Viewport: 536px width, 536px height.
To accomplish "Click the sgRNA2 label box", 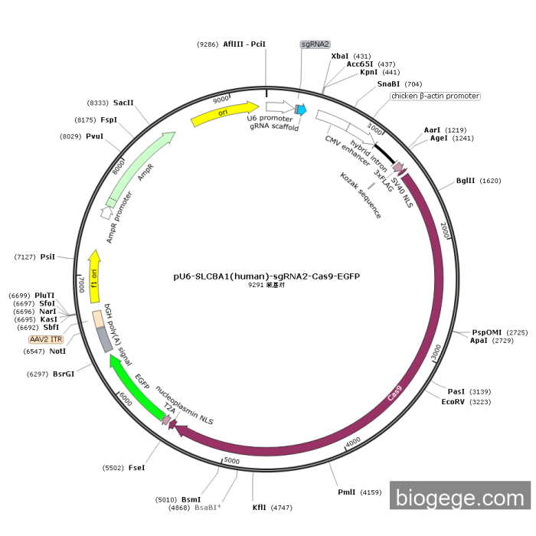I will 315,44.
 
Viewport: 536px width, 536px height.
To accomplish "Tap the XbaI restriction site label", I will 340,56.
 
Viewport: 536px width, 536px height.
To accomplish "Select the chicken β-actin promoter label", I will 435,96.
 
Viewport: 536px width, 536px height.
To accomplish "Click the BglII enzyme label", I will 466,181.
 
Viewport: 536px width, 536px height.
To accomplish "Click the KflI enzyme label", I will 260,507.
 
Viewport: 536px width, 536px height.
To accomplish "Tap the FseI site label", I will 137,467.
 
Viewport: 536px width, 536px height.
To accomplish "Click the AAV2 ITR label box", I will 46,338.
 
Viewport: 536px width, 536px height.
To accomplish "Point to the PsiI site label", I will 47,257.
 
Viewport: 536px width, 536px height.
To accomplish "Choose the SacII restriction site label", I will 123,102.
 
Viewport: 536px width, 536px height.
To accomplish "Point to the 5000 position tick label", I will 232,461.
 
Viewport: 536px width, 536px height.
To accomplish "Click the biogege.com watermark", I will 459,498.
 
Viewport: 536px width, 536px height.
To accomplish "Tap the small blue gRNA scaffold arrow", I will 302,110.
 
